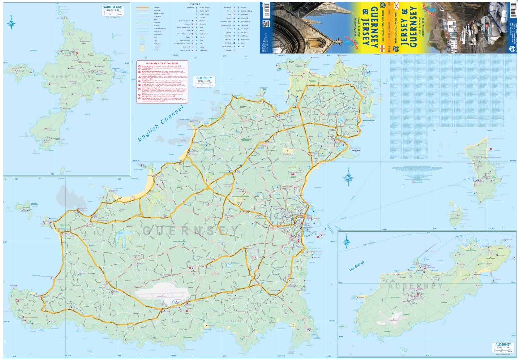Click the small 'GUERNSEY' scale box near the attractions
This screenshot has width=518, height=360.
(204, 81)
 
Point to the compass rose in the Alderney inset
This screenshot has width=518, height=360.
(346, 241)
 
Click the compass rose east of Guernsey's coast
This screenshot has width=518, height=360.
(348, 178)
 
